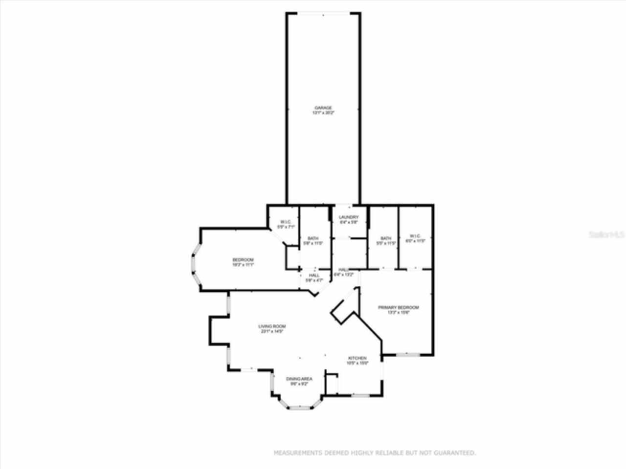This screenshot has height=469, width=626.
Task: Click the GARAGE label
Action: tap(323, 107)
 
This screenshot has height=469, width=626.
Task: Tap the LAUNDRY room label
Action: tap(349, 217)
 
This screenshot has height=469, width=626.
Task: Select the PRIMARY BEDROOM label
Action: tap(398, 307)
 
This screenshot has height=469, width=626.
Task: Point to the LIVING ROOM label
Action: tap(272, 326)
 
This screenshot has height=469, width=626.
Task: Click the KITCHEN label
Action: tap(357, 358)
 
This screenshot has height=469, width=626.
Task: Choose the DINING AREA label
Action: tap(299, 379)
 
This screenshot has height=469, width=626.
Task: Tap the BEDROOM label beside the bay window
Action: tap(243, 259)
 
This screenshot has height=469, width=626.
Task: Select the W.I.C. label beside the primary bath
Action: tap(415, 236)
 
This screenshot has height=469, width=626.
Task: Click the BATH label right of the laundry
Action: tap(386, 238)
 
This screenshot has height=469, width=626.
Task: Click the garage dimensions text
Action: tap(323, 113)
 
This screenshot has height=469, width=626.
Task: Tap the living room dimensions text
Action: tap(272, 332)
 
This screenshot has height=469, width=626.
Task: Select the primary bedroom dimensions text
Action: tap(398, 313)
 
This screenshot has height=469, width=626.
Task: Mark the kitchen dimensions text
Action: tap(357, 363)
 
